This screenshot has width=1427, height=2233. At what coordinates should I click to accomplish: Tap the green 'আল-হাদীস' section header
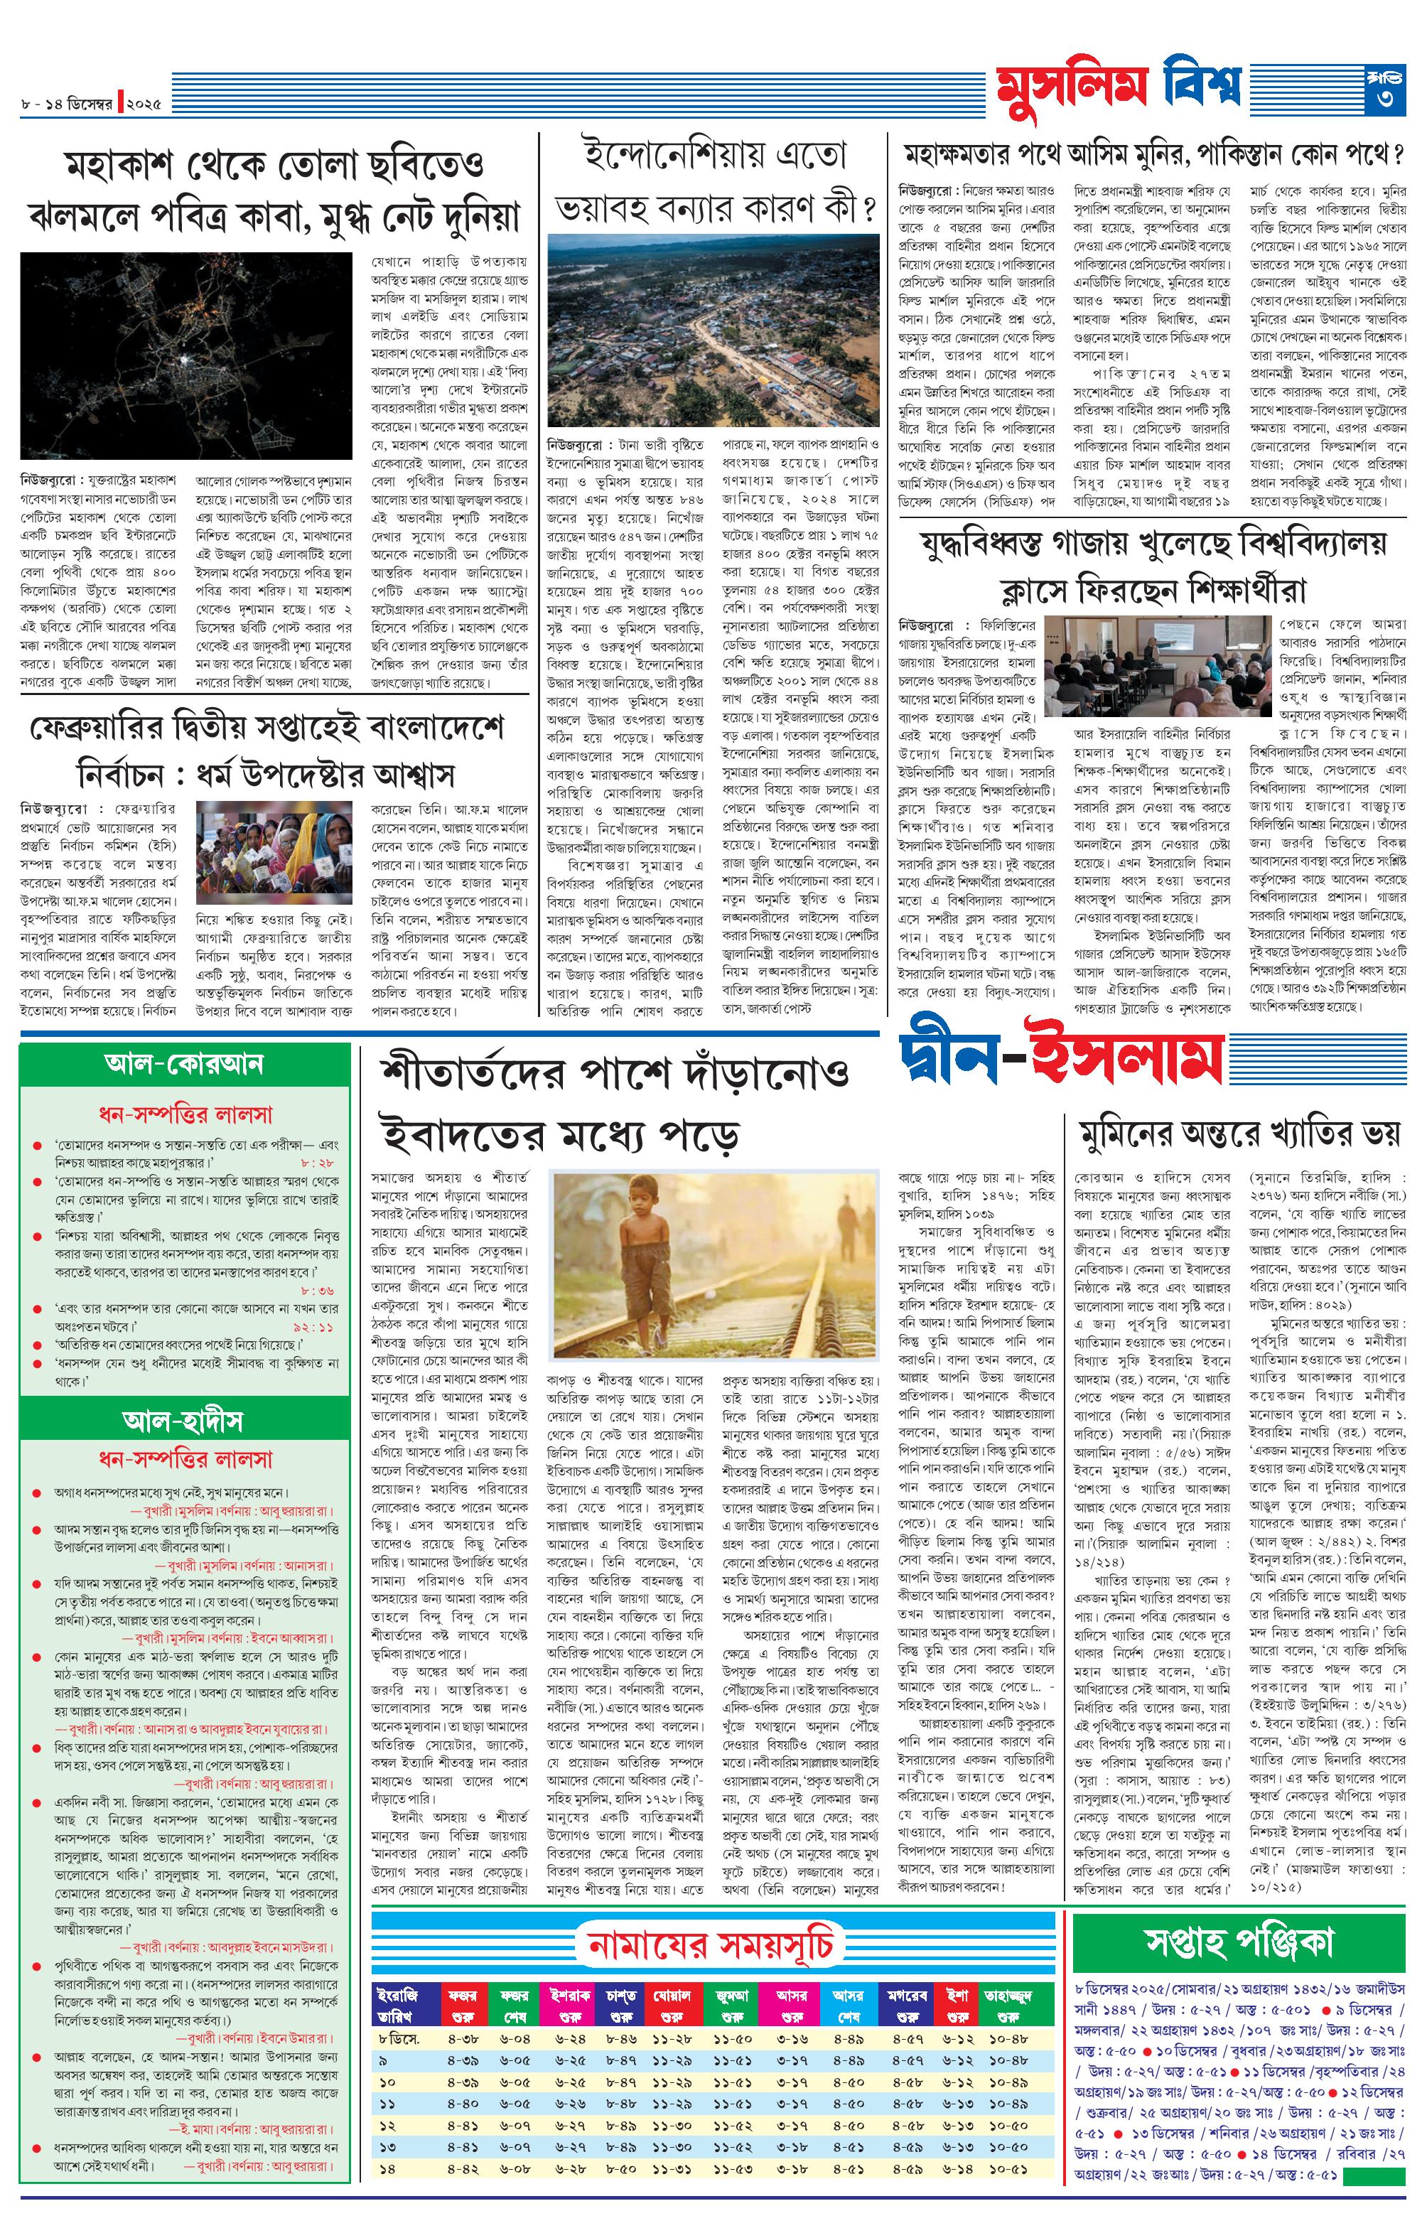point(183,1421)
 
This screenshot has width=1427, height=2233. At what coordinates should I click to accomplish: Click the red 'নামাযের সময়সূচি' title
point(711,1943)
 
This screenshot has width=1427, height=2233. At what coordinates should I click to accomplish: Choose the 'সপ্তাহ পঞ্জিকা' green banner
point(1239,1939)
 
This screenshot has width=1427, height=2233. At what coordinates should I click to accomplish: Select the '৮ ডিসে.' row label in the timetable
point(399,2038)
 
